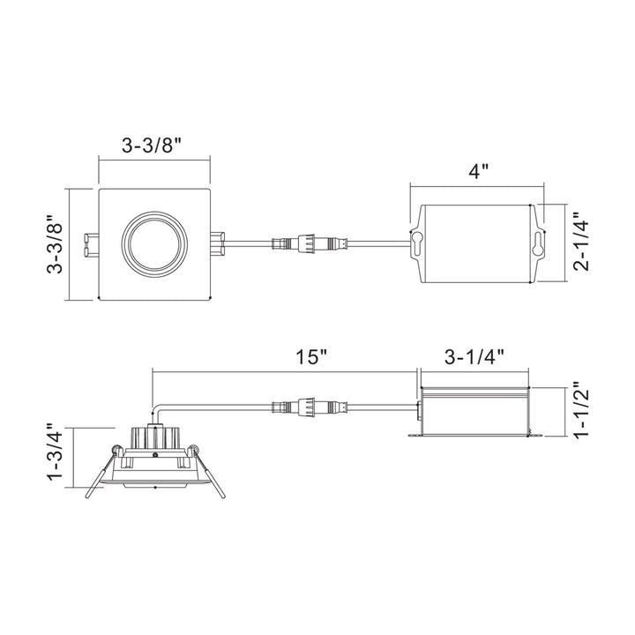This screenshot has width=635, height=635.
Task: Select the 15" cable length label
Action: coord(312,357)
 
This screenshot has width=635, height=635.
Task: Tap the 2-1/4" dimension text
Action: coord(581,244)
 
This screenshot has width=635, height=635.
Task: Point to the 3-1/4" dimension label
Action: coord(474,357)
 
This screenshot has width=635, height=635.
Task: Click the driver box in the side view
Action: coord(474,410)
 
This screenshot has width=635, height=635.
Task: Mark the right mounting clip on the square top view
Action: coord(218,239)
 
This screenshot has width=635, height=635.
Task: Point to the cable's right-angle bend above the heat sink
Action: coord(157,410)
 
